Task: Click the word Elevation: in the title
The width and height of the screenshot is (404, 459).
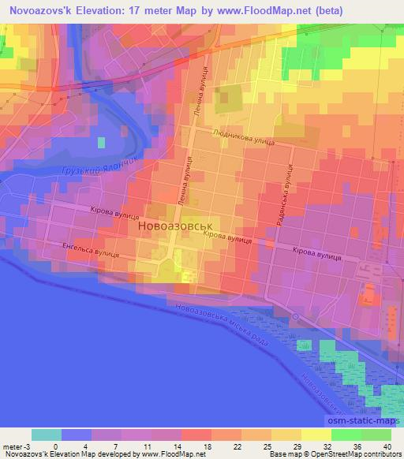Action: click(117, 11)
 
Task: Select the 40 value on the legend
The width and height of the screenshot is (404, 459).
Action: click(387, 446)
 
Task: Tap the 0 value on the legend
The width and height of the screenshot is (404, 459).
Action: click(55, 446)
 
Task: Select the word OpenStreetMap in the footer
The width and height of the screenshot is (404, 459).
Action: click(346, 455)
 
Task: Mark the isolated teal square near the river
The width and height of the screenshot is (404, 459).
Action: click(101, 143)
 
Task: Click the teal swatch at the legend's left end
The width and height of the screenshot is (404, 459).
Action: click(46, 435)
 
